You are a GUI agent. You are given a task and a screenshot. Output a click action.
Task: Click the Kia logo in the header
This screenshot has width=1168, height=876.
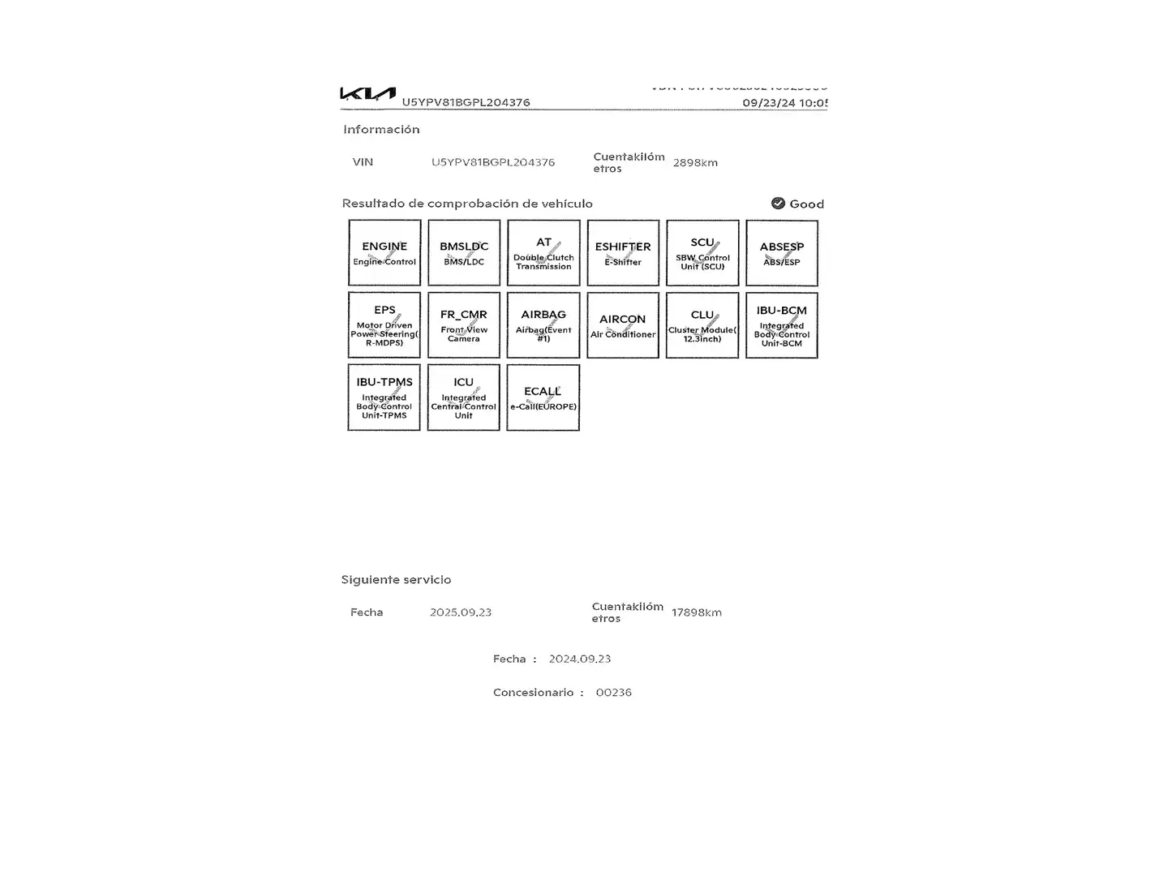click(367, 94)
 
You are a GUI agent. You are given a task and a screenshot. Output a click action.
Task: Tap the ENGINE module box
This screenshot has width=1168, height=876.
click(384, 253)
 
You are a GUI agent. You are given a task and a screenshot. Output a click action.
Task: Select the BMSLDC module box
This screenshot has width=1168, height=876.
click(464, 253)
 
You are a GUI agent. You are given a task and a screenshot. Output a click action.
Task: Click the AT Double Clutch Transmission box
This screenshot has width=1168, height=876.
click(543, 253)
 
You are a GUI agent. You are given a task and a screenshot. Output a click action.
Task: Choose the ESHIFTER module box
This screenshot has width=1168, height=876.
click(623, 253)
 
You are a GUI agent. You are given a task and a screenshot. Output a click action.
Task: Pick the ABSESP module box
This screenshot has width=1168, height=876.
click(782, 253)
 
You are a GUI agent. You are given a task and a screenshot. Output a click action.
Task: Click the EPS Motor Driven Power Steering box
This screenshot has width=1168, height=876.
click(384, 325)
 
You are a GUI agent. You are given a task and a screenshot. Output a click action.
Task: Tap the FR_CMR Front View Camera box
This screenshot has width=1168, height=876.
click(464, 325)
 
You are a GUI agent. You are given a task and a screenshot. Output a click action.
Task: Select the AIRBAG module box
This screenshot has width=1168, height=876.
click(543, 325)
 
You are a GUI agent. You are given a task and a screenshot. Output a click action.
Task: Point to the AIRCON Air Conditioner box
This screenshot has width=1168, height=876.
click(623, 325)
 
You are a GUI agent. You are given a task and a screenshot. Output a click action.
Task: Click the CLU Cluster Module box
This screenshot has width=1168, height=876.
click(702, 325)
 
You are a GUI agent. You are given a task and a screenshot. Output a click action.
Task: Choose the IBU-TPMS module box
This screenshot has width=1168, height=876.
click(384, 397)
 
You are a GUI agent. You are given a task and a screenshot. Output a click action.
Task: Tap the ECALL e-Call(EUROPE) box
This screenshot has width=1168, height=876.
click(543, 397)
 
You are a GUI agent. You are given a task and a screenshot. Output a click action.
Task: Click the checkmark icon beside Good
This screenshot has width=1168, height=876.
click(778, 204)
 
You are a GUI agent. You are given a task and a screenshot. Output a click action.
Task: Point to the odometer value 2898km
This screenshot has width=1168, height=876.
click(695, 163)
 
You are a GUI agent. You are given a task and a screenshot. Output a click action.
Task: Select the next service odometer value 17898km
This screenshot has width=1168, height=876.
click(696, 612)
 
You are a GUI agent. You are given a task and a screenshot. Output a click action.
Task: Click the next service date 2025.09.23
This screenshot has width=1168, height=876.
click(461, 612)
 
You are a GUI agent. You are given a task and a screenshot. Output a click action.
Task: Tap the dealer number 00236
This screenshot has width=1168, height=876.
click(613, 693)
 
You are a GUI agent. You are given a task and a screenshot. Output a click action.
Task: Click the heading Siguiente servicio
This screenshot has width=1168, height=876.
click(396, 580)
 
